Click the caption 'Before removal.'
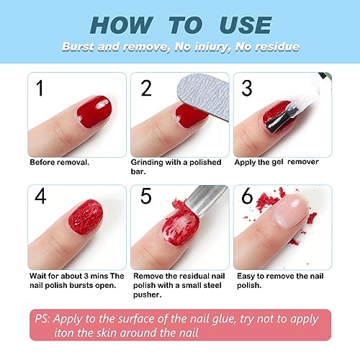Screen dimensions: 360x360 [60, 163]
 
